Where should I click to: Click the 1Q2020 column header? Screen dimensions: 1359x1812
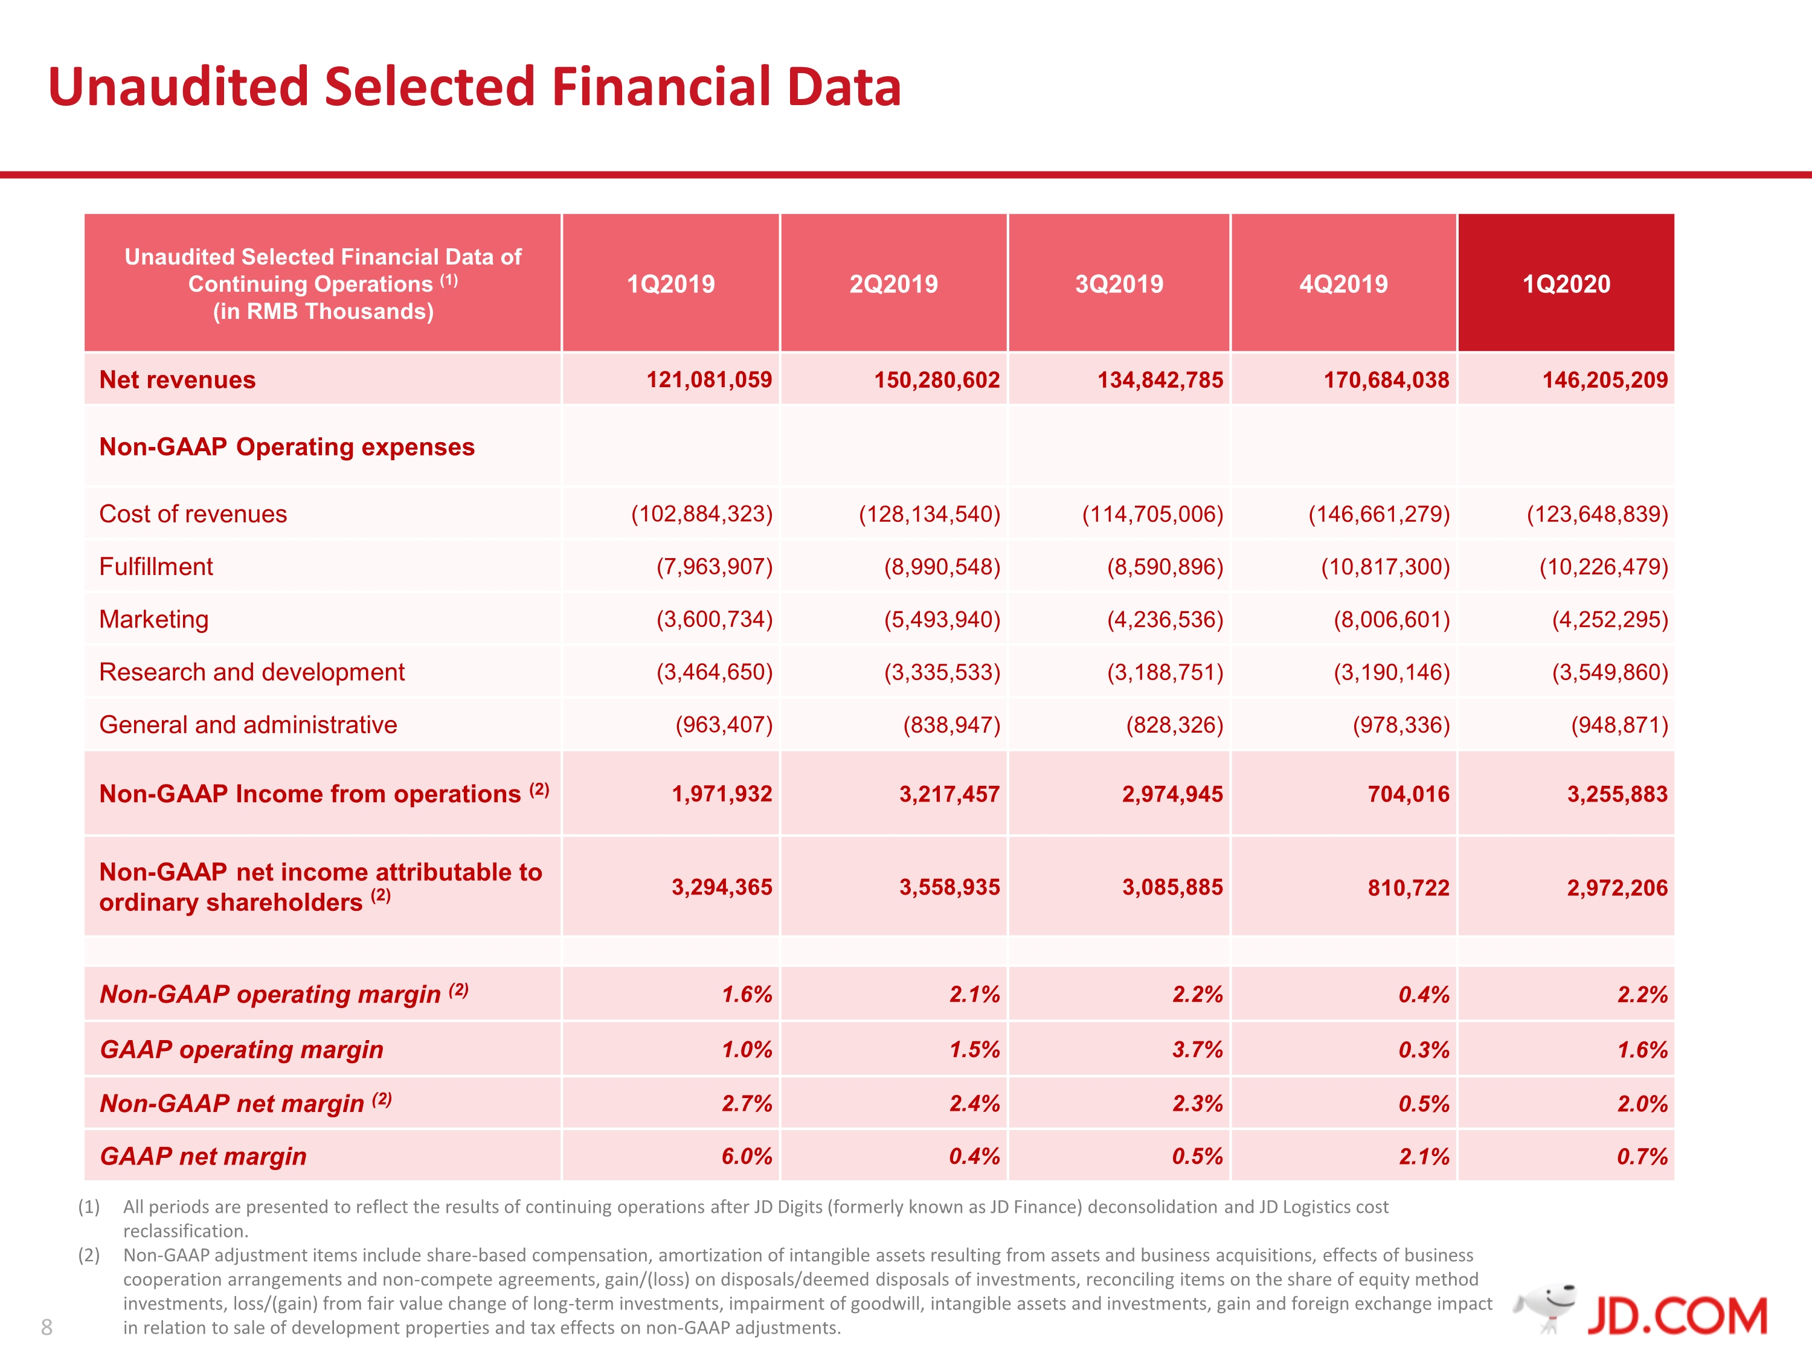[1566, 283]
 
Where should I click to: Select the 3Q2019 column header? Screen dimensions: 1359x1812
[1119, 283]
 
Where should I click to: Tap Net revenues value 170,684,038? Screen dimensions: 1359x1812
[1386, 379]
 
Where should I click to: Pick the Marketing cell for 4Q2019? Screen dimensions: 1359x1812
[1391, 619]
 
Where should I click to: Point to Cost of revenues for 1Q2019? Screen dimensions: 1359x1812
[701, 513]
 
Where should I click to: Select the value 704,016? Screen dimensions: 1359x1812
[1408, 794]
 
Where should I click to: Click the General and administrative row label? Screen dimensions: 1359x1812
[248, 724]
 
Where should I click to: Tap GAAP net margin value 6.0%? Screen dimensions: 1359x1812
[747, 1156]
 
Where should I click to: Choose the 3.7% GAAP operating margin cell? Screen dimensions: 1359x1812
[1197, 1049]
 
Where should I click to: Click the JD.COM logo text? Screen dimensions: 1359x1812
[1677, 1316]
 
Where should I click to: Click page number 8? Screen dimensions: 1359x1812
[47, 1327]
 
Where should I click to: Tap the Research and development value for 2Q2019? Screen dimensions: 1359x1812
[942, 672]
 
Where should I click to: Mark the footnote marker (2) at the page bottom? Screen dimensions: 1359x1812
[88, 1255]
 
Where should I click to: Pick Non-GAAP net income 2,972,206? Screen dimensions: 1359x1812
[1617, 887]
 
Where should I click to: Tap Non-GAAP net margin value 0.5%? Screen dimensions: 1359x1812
[1424, 1104]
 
